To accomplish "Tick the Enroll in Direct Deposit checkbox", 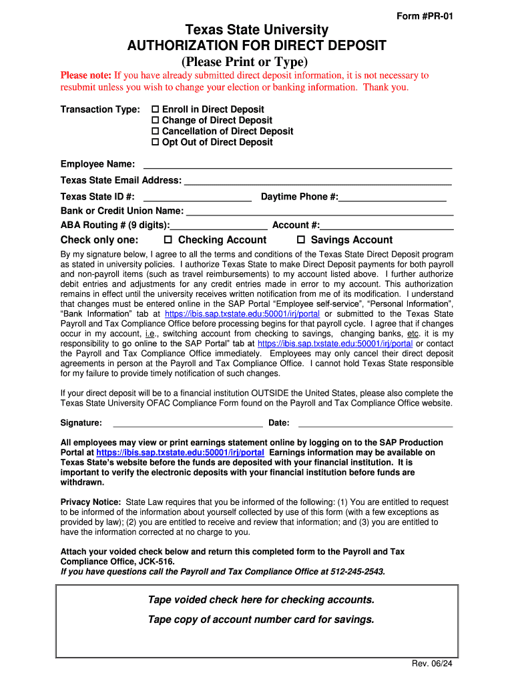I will point(156,109).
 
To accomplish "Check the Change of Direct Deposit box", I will point(156,120).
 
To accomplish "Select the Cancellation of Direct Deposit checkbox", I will point(156,131).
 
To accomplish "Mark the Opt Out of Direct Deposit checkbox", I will point(156,142).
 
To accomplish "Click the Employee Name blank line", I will point(297,165).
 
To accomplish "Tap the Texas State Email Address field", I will point(317,181).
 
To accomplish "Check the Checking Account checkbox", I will point(168,240).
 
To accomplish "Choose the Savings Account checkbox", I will point(301,240).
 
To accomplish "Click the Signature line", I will point(188,423).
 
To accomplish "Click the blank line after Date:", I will point(375,423).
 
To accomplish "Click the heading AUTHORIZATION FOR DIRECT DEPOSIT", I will point(256,46).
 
